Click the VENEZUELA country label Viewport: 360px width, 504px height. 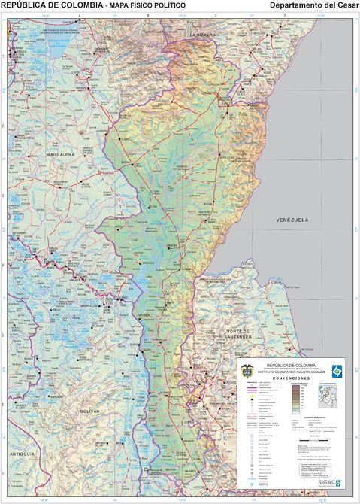click(292, 219)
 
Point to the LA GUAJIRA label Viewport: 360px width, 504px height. click(203, 35)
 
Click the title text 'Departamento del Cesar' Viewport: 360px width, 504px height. click(313, 5)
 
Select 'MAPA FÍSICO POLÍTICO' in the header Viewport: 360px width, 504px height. click(147, 5)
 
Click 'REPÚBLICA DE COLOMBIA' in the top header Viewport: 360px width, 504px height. click(52, 5)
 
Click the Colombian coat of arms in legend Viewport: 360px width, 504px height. click(245, 369)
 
